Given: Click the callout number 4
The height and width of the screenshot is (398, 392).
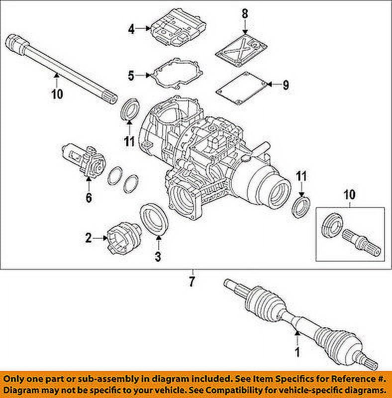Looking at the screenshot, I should pyautogui.click(x=131, y=30).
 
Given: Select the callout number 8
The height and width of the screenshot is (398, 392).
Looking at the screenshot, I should pyautogui.click(x=244, y=14).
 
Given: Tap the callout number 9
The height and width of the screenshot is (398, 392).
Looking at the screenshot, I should pyautogui.click(x=285, y=85).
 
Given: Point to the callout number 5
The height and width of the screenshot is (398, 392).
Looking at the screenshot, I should pyautogui.click(x=131, y=76).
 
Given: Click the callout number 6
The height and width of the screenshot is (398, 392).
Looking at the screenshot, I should pyautogui.click(x=89, y=198).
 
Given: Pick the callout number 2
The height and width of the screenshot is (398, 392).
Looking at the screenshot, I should pyautogui.click(x=88, y=238).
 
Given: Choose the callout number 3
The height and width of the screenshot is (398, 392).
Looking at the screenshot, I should pyautogui.click(x=158, y=257).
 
